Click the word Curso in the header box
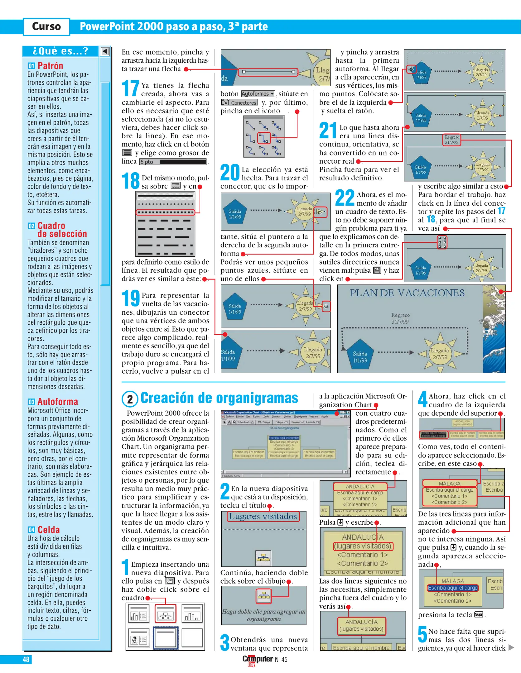point(46,26)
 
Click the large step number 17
point(130,88)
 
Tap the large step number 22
point(345,198)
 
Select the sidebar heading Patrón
point(50,66)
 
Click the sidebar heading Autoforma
point(58,402)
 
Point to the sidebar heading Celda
point(49,530)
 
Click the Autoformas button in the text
point(258,94)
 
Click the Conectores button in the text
point(239,103)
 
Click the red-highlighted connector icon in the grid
point(264,138)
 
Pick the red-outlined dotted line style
point(165,212)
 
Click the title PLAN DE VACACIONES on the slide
point(407,293)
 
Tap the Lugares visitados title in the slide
point(263,517)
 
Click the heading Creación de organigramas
point(219,398)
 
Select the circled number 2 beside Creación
point(130,399)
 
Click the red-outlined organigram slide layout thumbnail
point(165,613)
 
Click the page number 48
point(26,659)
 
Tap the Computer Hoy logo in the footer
point(258,660)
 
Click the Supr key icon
point(478,614)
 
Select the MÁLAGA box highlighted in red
point(449,484)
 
